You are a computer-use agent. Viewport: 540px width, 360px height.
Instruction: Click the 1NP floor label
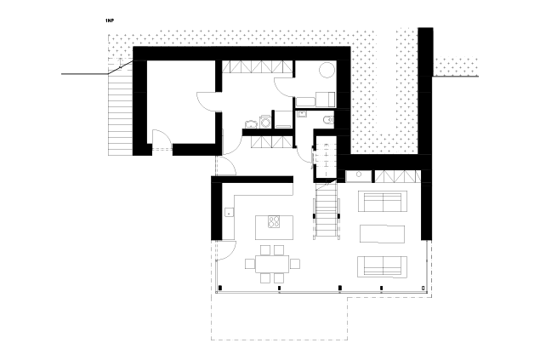[110, 20]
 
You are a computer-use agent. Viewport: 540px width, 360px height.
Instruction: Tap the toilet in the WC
[328, 119]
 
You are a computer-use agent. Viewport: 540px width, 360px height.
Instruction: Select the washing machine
[266, 122]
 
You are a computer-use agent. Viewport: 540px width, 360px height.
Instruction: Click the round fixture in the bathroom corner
[327, 71]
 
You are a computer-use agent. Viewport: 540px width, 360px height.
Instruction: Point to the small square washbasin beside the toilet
[303, 114]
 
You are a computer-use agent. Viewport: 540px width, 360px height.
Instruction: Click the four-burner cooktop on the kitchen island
[274, 221]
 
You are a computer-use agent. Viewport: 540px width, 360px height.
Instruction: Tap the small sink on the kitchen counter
[230, 212]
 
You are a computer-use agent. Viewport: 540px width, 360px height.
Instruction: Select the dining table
[272, 264]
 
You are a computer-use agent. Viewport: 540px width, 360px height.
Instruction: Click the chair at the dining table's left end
[250, 264]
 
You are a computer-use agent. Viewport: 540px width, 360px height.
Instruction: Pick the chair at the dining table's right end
[294, 264]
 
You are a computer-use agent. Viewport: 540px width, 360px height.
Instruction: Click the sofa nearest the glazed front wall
[383, 266]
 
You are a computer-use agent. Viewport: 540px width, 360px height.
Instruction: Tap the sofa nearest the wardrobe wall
[383, 201]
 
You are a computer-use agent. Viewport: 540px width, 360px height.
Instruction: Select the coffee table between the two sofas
[383, 234]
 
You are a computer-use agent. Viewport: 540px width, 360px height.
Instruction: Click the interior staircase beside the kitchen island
[327, 210]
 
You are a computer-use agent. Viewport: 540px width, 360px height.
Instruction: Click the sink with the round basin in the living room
[359, 176]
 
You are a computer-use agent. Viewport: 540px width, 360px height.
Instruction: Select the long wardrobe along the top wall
[257, 66]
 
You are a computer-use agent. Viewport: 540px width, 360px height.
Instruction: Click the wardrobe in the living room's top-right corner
[398, 176]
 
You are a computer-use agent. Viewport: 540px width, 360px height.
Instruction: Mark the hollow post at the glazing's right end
[423, 288]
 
